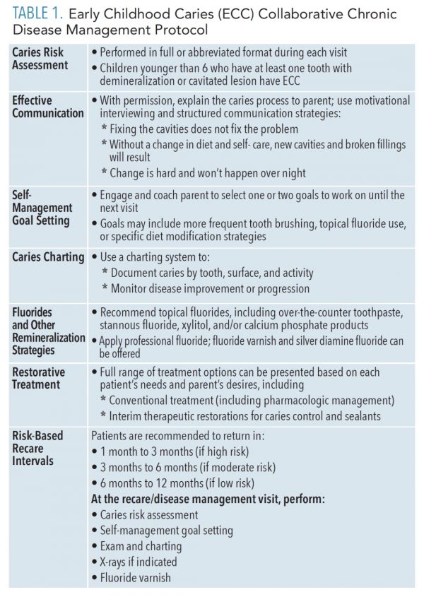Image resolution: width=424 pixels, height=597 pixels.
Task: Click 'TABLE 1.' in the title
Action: click(37, 14)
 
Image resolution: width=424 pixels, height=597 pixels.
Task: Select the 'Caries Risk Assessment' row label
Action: click(40, 59)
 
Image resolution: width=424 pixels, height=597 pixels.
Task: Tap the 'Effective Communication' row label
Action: click(47, 107)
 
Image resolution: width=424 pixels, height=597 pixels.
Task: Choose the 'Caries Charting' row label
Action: click(47, 257)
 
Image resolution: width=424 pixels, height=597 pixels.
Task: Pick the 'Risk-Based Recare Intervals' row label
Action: click(37, 448)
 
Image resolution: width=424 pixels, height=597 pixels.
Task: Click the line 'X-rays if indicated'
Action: click(139, 562)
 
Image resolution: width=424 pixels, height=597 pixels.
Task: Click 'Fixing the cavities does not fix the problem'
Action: click(204, 129)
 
